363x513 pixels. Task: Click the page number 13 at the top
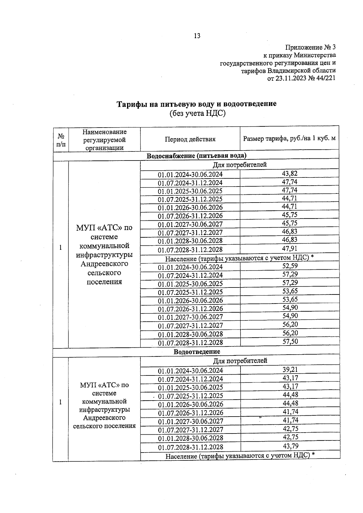197,36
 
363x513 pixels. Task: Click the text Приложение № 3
310,47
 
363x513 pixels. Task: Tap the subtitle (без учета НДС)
197,113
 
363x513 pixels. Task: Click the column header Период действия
190,139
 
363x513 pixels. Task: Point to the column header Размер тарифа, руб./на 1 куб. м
289,139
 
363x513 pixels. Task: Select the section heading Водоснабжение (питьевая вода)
196,156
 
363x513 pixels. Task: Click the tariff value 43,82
289,174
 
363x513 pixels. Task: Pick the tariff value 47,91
289,248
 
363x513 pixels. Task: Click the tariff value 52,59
289,266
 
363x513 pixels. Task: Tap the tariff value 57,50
290,341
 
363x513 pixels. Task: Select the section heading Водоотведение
197,352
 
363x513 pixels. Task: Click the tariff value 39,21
290,369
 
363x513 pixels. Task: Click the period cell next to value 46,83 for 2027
190,232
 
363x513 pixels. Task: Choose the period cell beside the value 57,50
190,343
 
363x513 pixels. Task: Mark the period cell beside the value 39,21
190,371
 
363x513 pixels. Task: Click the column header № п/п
61,140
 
